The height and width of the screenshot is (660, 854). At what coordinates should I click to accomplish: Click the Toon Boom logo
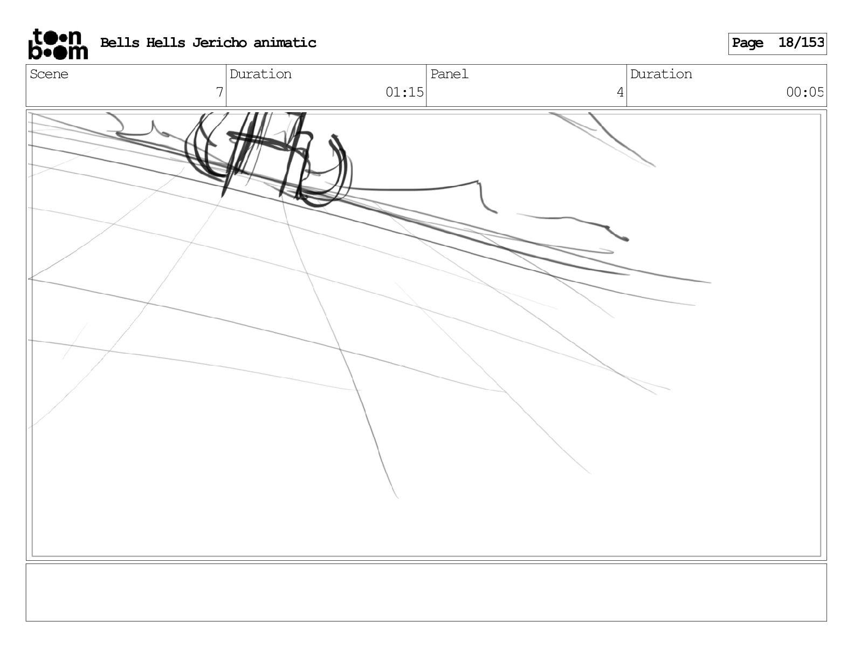tap(58, 44)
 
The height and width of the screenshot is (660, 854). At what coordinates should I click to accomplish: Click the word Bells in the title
tap(119, 43)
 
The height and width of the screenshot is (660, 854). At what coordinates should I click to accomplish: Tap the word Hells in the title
tap(166, 43)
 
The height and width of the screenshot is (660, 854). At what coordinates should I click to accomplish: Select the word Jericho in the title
tap(219, 43)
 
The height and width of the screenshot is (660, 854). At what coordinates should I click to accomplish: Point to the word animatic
tap(285, 43)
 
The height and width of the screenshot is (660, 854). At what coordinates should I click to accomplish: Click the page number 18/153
tap(801, 43)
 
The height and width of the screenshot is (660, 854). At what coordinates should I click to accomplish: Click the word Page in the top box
tap(747, 43)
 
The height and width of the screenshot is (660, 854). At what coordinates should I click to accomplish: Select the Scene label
tap(49, 74)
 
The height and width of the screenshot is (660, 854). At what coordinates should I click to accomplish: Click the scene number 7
tap(219, 93)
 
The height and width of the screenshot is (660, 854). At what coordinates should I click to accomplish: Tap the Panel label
tap(449, 74)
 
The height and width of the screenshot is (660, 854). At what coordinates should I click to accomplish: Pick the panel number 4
tap(620, 93)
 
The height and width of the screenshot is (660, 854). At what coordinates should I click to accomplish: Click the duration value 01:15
tap(404, 93)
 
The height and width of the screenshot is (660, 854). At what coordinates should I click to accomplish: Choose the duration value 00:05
tap(805, 93)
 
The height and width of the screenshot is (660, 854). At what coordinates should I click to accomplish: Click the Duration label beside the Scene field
tap(260, 74)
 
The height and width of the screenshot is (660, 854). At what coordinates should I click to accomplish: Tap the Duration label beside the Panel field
tap(661, 74)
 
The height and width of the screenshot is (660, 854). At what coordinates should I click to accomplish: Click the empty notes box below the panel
tap(426, 592)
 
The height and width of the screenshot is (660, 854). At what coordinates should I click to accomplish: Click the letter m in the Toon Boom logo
tap(78, 52)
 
